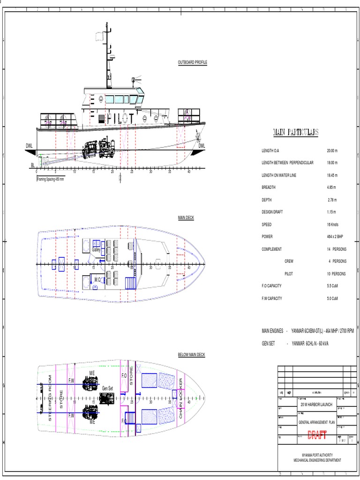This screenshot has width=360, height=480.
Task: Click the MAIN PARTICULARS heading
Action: click(295, 132)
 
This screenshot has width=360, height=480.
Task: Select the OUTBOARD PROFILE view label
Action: click(192, 62)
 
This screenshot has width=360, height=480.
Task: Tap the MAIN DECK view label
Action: click(186, 218)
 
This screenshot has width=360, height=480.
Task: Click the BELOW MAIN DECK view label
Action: click(191, 355)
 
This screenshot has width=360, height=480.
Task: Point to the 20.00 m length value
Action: click(332, 151)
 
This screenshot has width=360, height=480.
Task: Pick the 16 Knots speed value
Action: click(332, 225)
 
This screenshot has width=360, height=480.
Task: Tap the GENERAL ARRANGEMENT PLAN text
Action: click(317, 422)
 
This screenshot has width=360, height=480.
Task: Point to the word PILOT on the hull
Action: click(120, 119)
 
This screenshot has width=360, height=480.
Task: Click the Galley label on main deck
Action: click(96, 250)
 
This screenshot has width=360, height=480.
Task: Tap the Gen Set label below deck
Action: click(107, 388)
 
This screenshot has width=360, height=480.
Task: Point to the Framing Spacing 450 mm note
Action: click(51, 179)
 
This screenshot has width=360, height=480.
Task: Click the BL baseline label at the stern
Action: click(32, 165)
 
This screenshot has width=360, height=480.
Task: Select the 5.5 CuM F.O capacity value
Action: click(333, 286)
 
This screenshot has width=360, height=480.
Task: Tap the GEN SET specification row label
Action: click(270, 344)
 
